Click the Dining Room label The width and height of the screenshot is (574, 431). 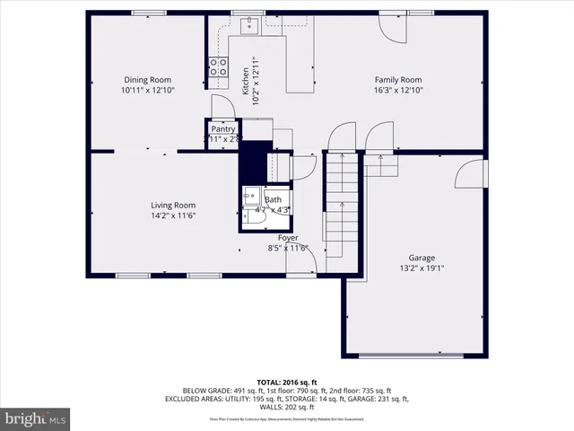coord(147,80)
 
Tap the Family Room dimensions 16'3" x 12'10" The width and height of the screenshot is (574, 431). coord(397,90)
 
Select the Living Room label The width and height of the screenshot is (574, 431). coord(172,205)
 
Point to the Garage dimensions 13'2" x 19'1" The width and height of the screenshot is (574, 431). coord(422,268)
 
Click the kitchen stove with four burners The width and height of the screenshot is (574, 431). coord(218,66)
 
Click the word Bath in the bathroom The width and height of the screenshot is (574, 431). coord(273,199)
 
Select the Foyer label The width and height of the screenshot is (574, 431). coord(287,237)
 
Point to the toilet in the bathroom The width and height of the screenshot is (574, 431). coord(248,215)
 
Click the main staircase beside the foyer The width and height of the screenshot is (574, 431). coord(341,207)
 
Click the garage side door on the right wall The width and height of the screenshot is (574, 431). coord(472,173)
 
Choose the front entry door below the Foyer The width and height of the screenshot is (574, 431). coord(303,260)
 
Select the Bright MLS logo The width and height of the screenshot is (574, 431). coord(36,418)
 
